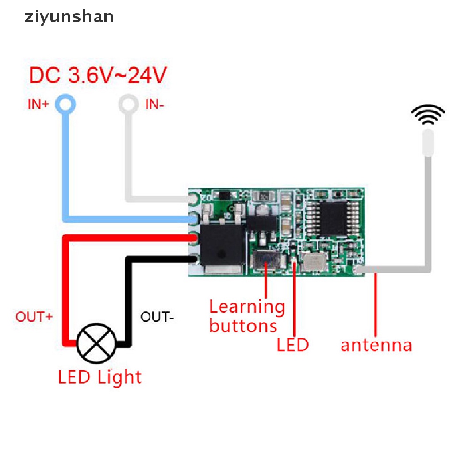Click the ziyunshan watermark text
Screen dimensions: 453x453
click(68, 17)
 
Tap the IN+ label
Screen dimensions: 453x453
click(39, 105)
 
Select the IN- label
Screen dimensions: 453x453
click(154, 105)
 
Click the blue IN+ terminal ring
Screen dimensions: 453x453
click(66, 105)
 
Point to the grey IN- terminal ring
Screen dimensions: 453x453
click(127, 105)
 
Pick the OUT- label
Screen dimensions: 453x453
click(157, 317)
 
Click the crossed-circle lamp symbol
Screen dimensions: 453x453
click(96, 343)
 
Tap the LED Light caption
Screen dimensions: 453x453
click(100, 377)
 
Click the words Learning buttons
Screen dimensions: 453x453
click(246, 316)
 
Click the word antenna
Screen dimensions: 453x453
click(376, 345)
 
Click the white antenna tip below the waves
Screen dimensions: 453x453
click(428, 142)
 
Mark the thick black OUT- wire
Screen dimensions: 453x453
click(128, 301)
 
